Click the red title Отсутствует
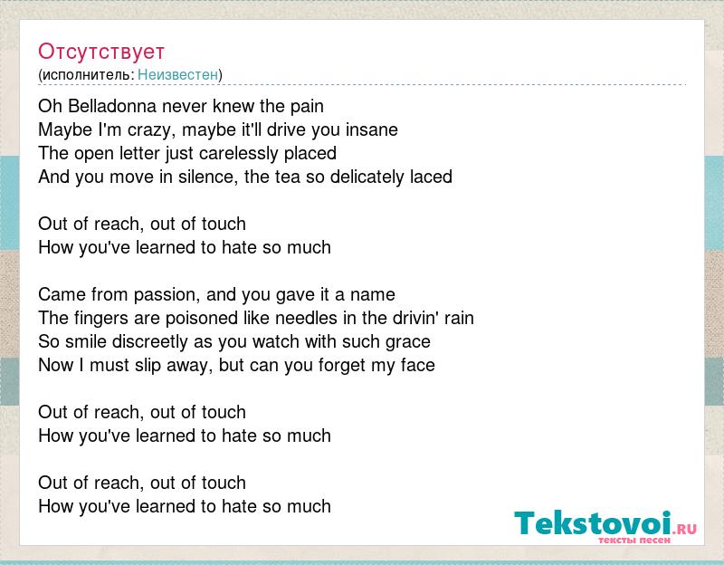(101, 52)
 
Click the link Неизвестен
(177, 74)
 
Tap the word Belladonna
(112, 106)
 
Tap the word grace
(408, 342)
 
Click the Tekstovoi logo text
(593, 523)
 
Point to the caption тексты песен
(634, 540)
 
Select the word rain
(459, 319)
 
